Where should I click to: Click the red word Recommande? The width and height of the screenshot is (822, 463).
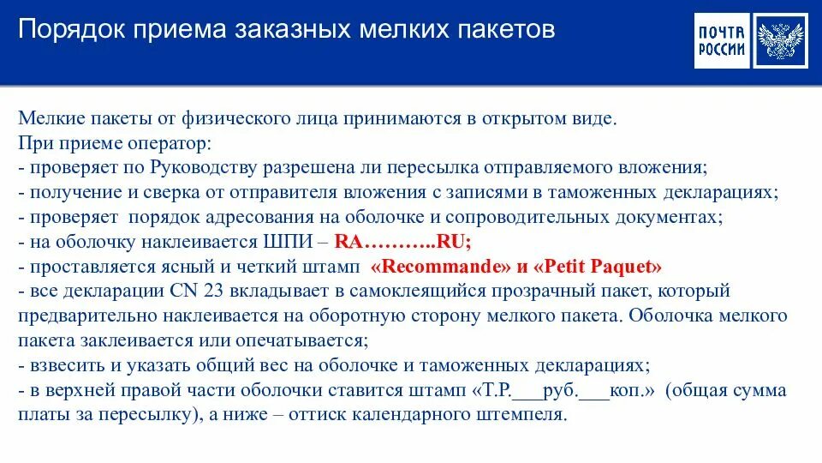pos(439,265)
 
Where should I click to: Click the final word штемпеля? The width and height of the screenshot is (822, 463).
pos(524,415)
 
